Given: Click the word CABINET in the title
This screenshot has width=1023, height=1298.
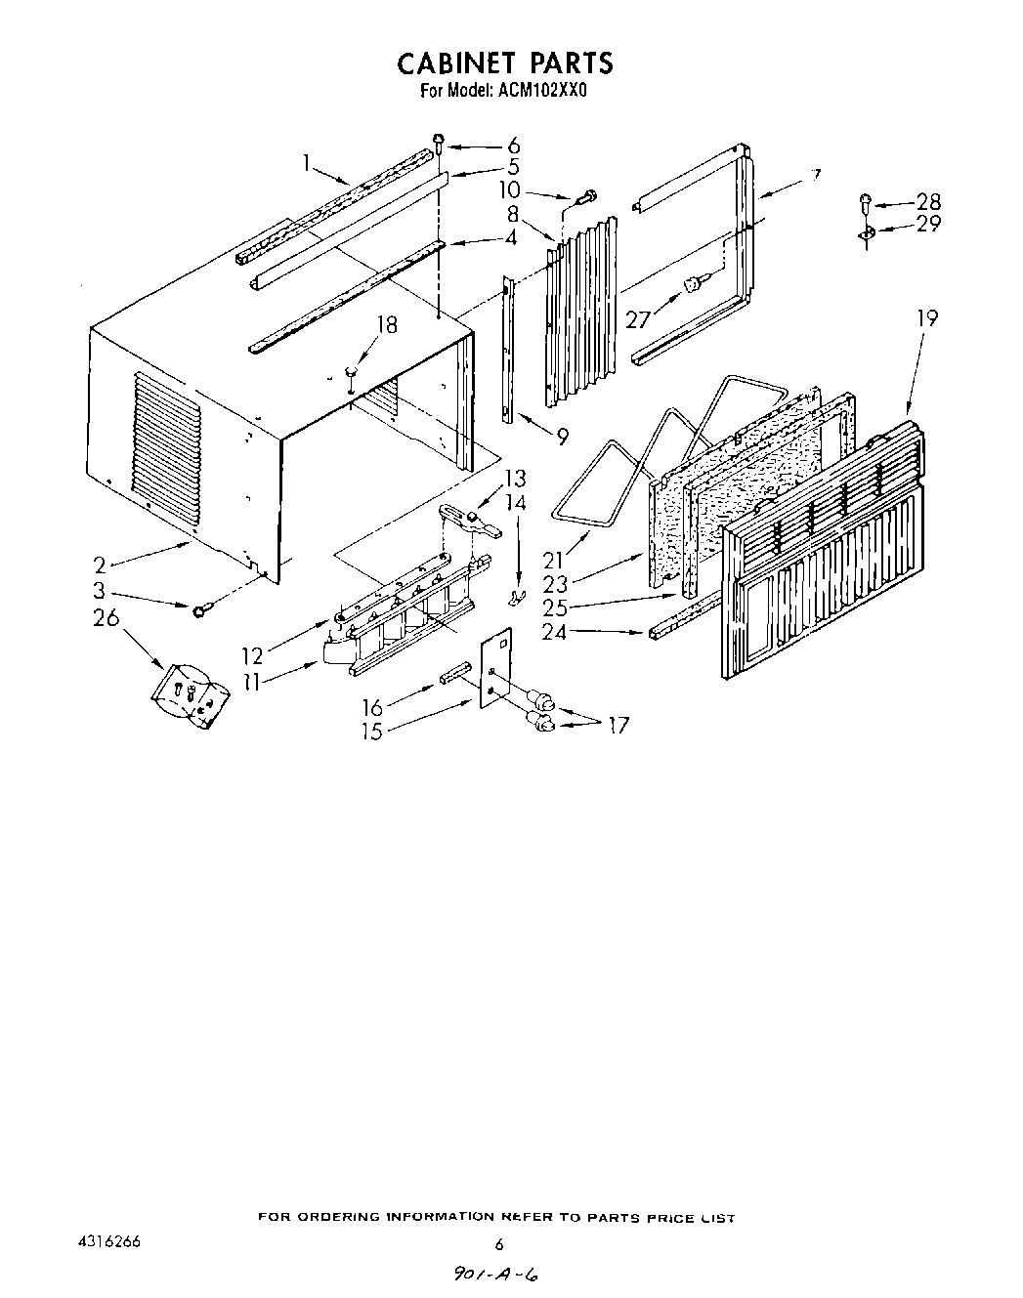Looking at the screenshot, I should click(x=456, y=63).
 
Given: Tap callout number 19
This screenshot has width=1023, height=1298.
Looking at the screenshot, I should click(x=926, y=318).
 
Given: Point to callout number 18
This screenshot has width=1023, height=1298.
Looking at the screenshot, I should click(x=388, y=325).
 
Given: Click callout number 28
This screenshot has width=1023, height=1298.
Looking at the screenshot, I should click(x=928, y=202).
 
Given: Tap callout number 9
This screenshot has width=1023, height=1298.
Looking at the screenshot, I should click(x=562, y=439).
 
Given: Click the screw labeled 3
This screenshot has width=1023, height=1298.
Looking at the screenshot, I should click(x=200, y=610).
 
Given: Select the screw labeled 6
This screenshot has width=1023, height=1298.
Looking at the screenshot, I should click(x=440, y=143).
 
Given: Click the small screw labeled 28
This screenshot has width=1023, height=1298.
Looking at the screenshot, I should click(x=865, y=203).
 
